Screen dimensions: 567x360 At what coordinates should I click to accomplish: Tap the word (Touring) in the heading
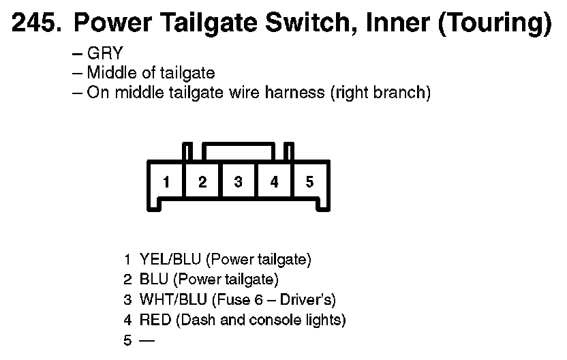coord(495,24)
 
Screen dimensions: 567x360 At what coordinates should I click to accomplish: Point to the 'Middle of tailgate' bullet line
coord(151,73)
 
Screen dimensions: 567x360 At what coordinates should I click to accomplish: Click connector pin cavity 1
coord(166,182)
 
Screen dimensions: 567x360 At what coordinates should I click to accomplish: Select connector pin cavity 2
coord(202,182)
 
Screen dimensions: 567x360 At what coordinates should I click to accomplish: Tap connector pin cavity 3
coord(238,182)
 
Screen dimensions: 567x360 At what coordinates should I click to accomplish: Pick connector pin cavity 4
coord(274,182)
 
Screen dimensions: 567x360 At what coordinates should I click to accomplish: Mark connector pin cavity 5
coord(310,182)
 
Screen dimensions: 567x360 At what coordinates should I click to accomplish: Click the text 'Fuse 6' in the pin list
coord(244,299)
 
